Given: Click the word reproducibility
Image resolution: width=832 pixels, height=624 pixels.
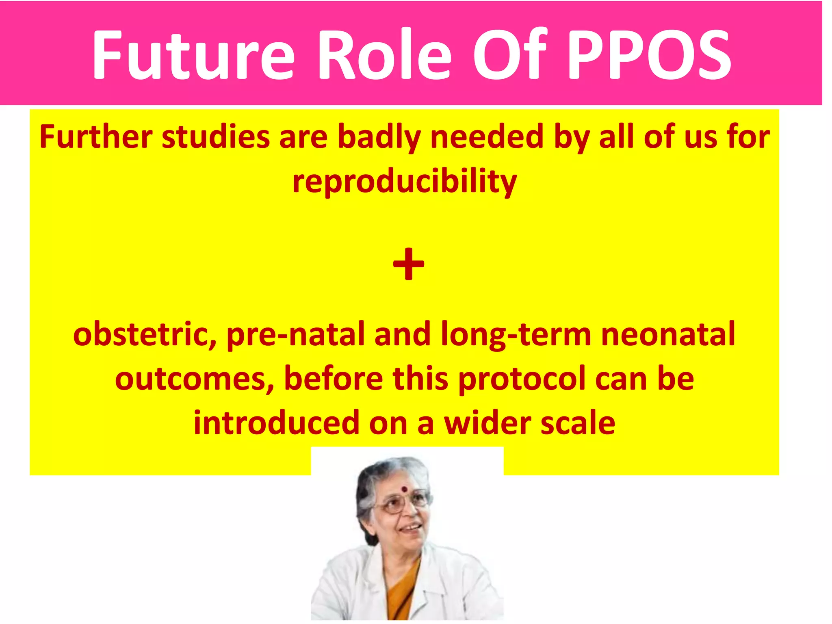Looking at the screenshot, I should (404, 182).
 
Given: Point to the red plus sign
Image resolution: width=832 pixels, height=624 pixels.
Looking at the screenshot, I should (408, 264).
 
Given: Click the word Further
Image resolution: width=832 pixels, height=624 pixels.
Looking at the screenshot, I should (96, 137).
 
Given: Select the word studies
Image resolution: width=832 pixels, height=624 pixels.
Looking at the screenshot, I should (215, 137).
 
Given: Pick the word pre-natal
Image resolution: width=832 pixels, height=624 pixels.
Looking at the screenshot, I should (295, 334).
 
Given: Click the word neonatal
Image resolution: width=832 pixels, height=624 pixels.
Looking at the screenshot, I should (668, 334).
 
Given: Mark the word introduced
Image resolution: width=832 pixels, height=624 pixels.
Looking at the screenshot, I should (276, 423).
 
